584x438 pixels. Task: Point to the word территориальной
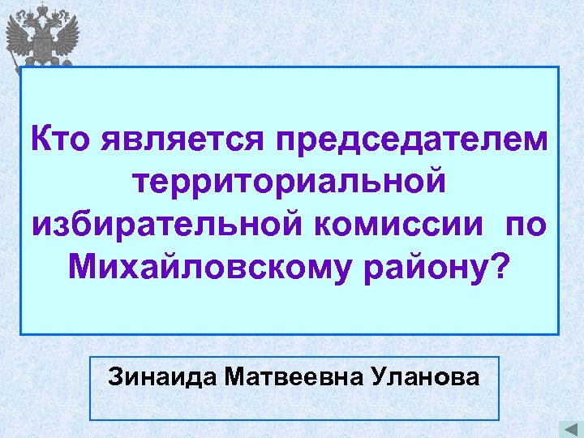290,181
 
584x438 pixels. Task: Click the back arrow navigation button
567,427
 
